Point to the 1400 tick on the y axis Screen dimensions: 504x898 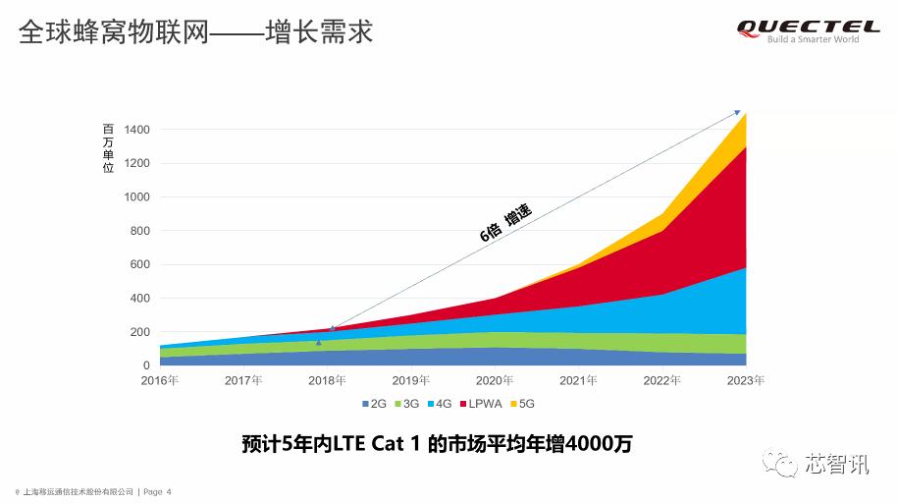tap(136, 130)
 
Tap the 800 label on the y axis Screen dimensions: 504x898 tap(139, 231)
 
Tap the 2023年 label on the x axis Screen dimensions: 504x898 tap(745, 380)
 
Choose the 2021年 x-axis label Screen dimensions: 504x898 tap(578, 380)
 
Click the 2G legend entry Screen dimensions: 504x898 tap(374, 404)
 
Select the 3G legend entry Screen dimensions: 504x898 tap(407, 404)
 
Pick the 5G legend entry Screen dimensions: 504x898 tap(525, 404)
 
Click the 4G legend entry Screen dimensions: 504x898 tap(441, 404)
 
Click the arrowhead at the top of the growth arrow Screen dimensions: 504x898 tap(738, 113)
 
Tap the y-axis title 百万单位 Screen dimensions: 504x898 tap(108, 148)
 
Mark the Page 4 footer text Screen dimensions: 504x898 tap(157, 491)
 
